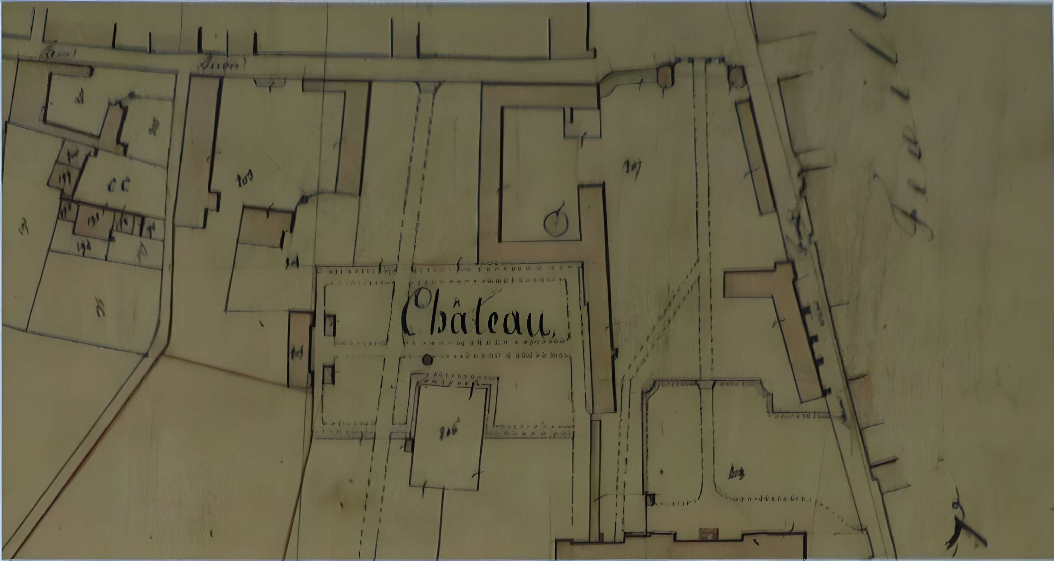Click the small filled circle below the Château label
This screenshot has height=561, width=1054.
(x=427, y=360)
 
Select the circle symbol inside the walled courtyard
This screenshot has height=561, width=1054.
(x=556, y=223)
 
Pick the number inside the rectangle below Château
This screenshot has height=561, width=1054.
(x=448, y=431)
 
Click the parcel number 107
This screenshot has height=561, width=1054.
(x=632, y=166)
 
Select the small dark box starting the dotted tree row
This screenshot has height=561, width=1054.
(x=650, y=499)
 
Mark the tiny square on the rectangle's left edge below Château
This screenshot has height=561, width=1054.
(x=408, y=445)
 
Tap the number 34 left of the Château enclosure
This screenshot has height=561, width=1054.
(x=292, y=262)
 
